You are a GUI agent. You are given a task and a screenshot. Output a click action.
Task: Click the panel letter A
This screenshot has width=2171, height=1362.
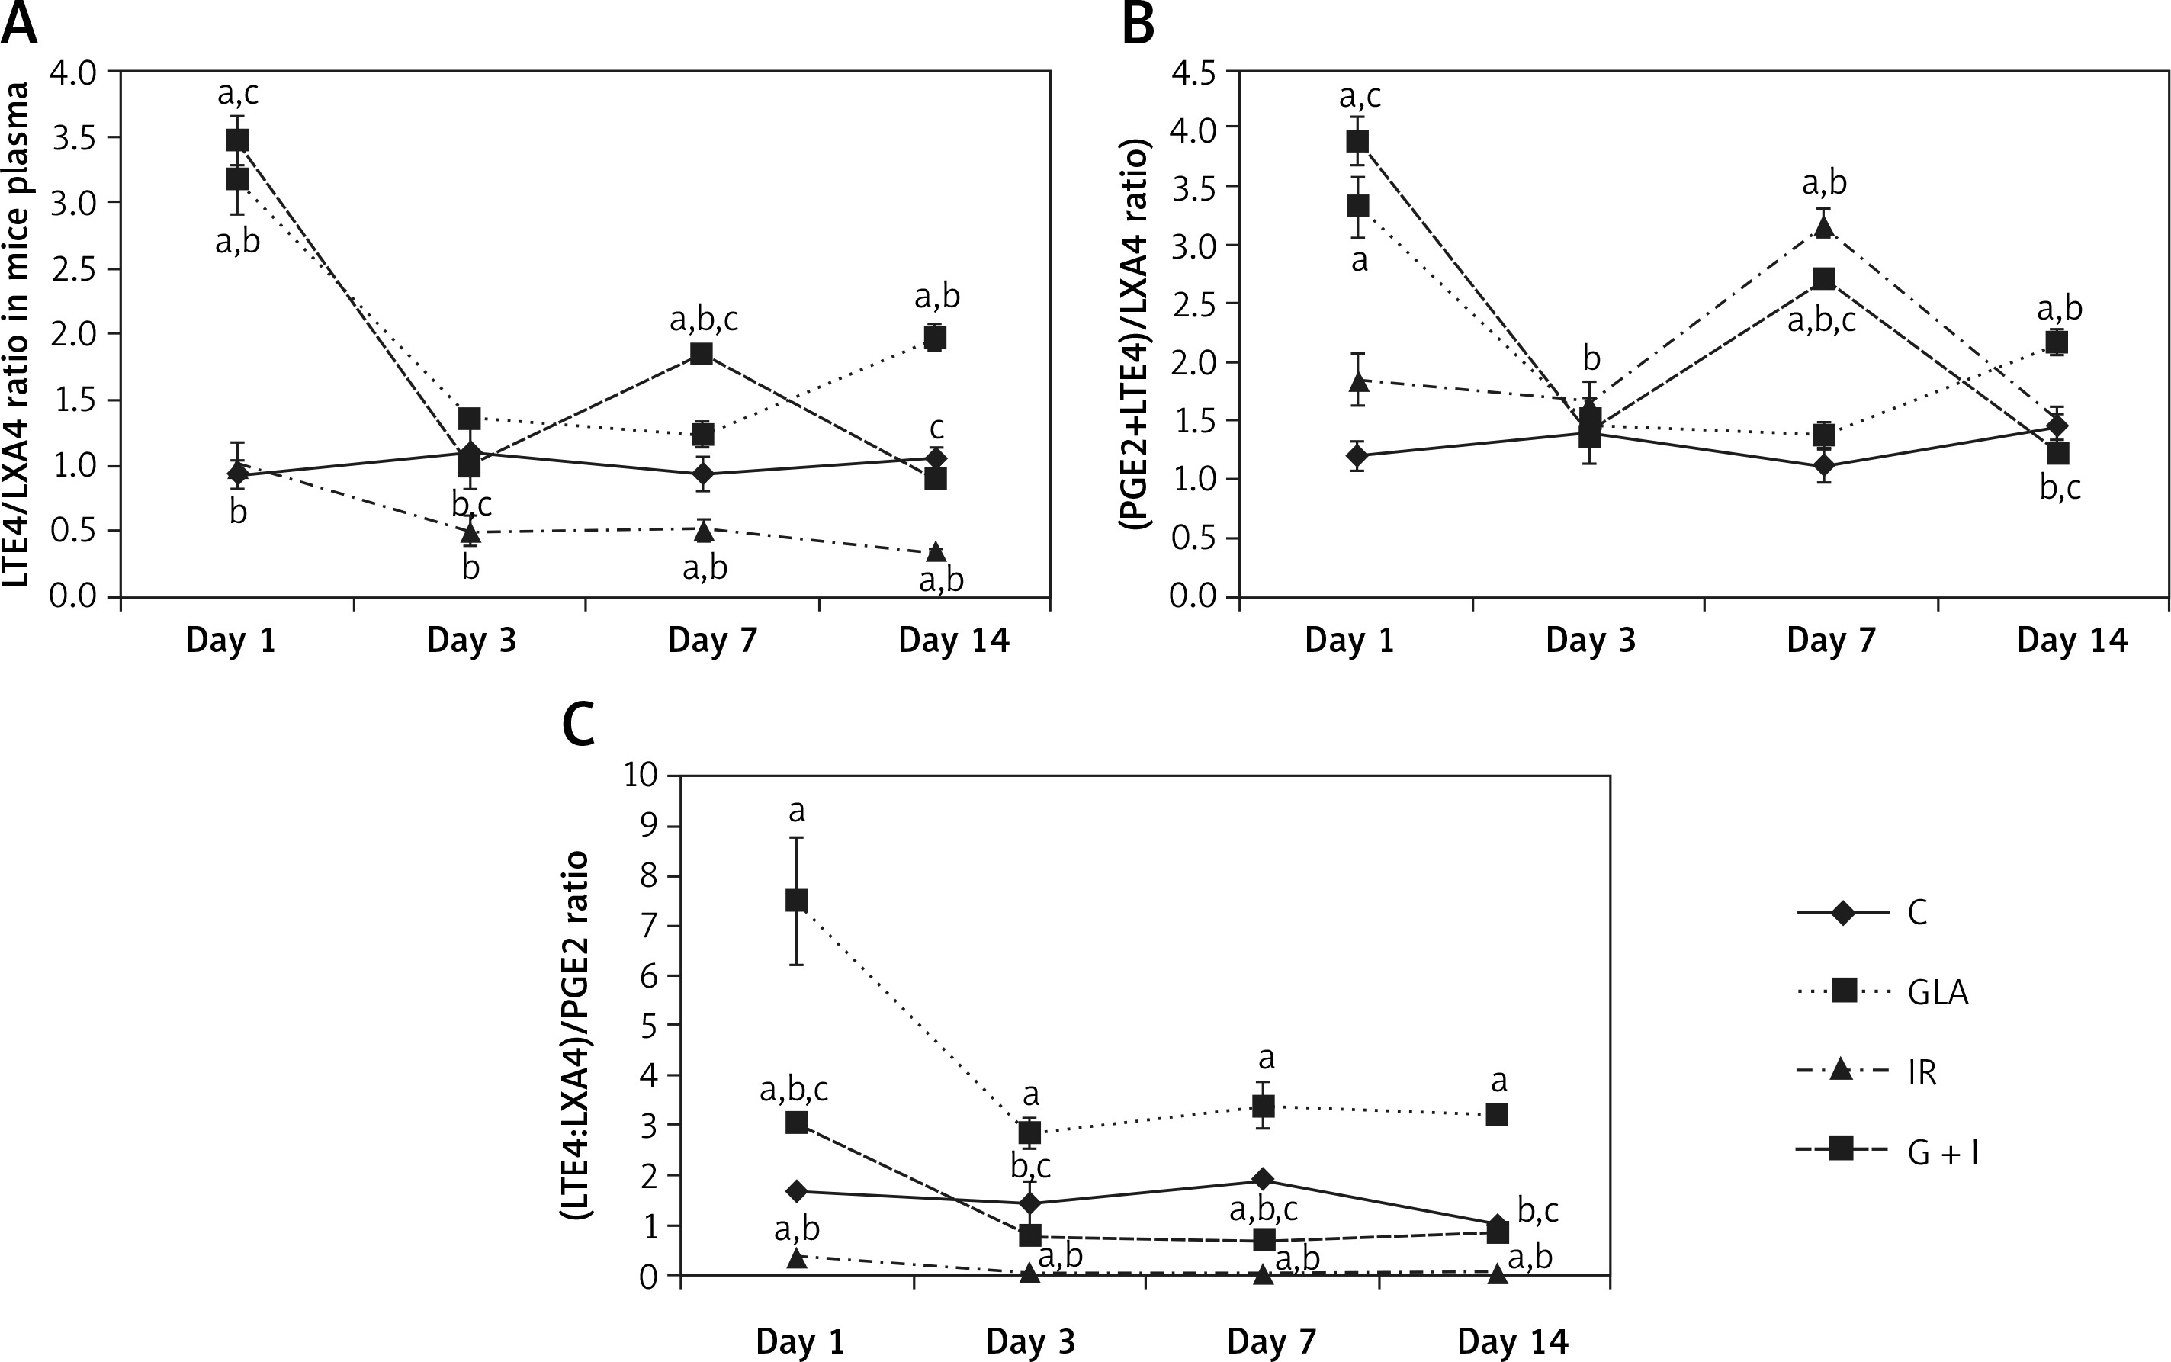[20, 24]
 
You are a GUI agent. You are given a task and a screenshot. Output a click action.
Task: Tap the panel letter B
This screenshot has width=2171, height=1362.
[1138, 24]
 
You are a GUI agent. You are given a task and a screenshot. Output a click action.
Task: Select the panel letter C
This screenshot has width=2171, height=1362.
[578, 724]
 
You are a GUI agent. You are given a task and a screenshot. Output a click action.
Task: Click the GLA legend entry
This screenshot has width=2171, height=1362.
[1937, 992]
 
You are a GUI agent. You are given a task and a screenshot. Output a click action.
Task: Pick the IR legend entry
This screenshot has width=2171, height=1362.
[1922, 1072]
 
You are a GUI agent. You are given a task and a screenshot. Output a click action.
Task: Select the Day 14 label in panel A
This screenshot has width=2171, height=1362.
[954, 641]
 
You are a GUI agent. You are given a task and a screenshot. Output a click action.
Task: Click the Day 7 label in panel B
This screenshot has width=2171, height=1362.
[1831, 641]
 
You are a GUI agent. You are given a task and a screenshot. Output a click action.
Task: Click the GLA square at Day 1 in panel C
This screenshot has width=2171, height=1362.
[797, 901]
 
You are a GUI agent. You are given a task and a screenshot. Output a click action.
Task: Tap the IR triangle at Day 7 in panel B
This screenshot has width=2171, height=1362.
[1824, 226]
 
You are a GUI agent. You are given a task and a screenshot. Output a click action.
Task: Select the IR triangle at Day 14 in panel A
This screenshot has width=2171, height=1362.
[936, 551]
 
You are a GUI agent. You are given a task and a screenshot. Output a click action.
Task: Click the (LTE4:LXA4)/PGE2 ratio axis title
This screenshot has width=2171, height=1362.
[574, 1035]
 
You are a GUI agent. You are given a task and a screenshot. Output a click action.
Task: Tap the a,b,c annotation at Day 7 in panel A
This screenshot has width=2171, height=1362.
[703, 320]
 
